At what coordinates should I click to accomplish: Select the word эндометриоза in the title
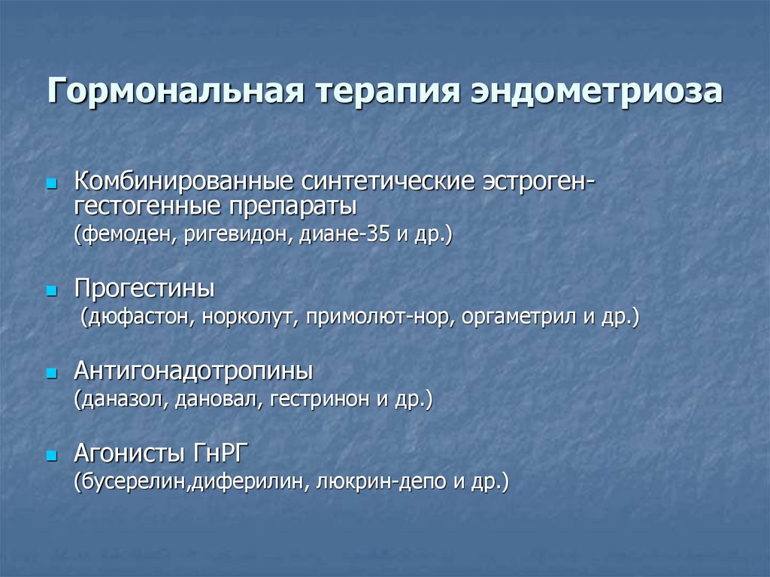click(x=596, y=93)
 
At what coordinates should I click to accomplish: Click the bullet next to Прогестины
click(x=51, y=290)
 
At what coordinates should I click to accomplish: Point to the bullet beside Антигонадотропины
click(x=51, y=372)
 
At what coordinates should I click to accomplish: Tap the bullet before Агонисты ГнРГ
click(x=51, y=455)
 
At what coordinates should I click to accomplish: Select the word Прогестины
click(x=144, y=289)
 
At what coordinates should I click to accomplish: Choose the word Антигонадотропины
click(x=194, y=371)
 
